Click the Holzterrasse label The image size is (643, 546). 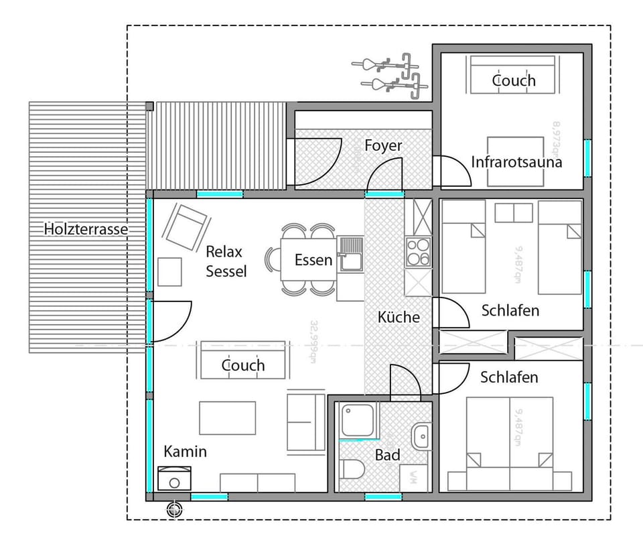[86, 229]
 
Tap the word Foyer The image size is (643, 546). [383, 145]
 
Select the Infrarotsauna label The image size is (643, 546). [516, 162]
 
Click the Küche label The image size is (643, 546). [399, 317]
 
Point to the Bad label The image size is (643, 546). [387, 456]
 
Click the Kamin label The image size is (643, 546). [186, 452]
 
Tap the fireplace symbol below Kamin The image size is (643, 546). [174, 480]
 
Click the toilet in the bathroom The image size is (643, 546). [352, 470]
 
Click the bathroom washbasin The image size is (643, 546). [421, 436]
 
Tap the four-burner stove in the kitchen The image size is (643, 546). [418, 253]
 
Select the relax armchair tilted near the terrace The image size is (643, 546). [185, 226]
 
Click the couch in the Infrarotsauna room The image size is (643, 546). [513, 75]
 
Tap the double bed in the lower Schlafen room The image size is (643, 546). [510, 444]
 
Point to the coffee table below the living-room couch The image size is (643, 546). [227, 417]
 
